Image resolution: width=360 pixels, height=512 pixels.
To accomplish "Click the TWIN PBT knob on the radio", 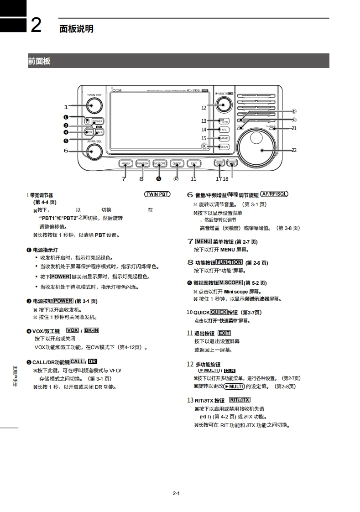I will pyautogui.click(x=93, y=107).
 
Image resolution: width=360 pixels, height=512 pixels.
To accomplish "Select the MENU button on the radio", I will pyautogui.click(x=125, y=163).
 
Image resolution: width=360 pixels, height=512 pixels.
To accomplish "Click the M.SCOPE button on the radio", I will pyautogui.click(x=159, y=163).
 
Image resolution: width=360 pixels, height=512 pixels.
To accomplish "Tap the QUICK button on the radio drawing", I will pyautogui.click(x=177, y=163).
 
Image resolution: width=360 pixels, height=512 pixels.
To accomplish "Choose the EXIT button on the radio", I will pyautogui.click(x=194, y=163).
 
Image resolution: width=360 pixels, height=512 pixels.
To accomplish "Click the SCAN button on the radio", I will pyautogui.click(x=224, y=147).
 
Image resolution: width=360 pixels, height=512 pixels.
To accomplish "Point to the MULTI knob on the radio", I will pyautogui.click(x=224, y=106).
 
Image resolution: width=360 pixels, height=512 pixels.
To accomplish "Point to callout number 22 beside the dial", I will pyautogui.click(x=294, y=150).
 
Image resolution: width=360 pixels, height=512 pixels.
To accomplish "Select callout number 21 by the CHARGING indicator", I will pyautogui.click(x=294, y=129).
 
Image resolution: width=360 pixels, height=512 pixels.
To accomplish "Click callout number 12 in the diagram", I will pyautogui.click(x=204, y=108).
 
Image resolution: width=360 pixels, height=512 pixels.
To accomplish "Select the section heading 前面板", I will pyautogui.click(x=39, y=61).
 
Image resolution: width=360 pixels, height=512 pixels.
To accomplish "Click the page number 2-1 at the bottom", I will pyautogui.click(x=177, y=493).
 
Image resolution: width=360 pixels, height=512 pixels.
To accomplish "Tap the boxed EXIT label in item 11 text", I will pyautogui.click(x=224, y=333).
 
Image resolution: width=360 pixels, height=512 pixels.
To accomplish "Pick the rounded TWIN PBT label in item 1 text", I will pyautogui.click(x=157, y=194).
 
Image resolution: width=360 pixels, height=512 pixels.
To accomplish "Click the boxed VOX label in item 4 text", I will pyautogui.click(x=73, y=330).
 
